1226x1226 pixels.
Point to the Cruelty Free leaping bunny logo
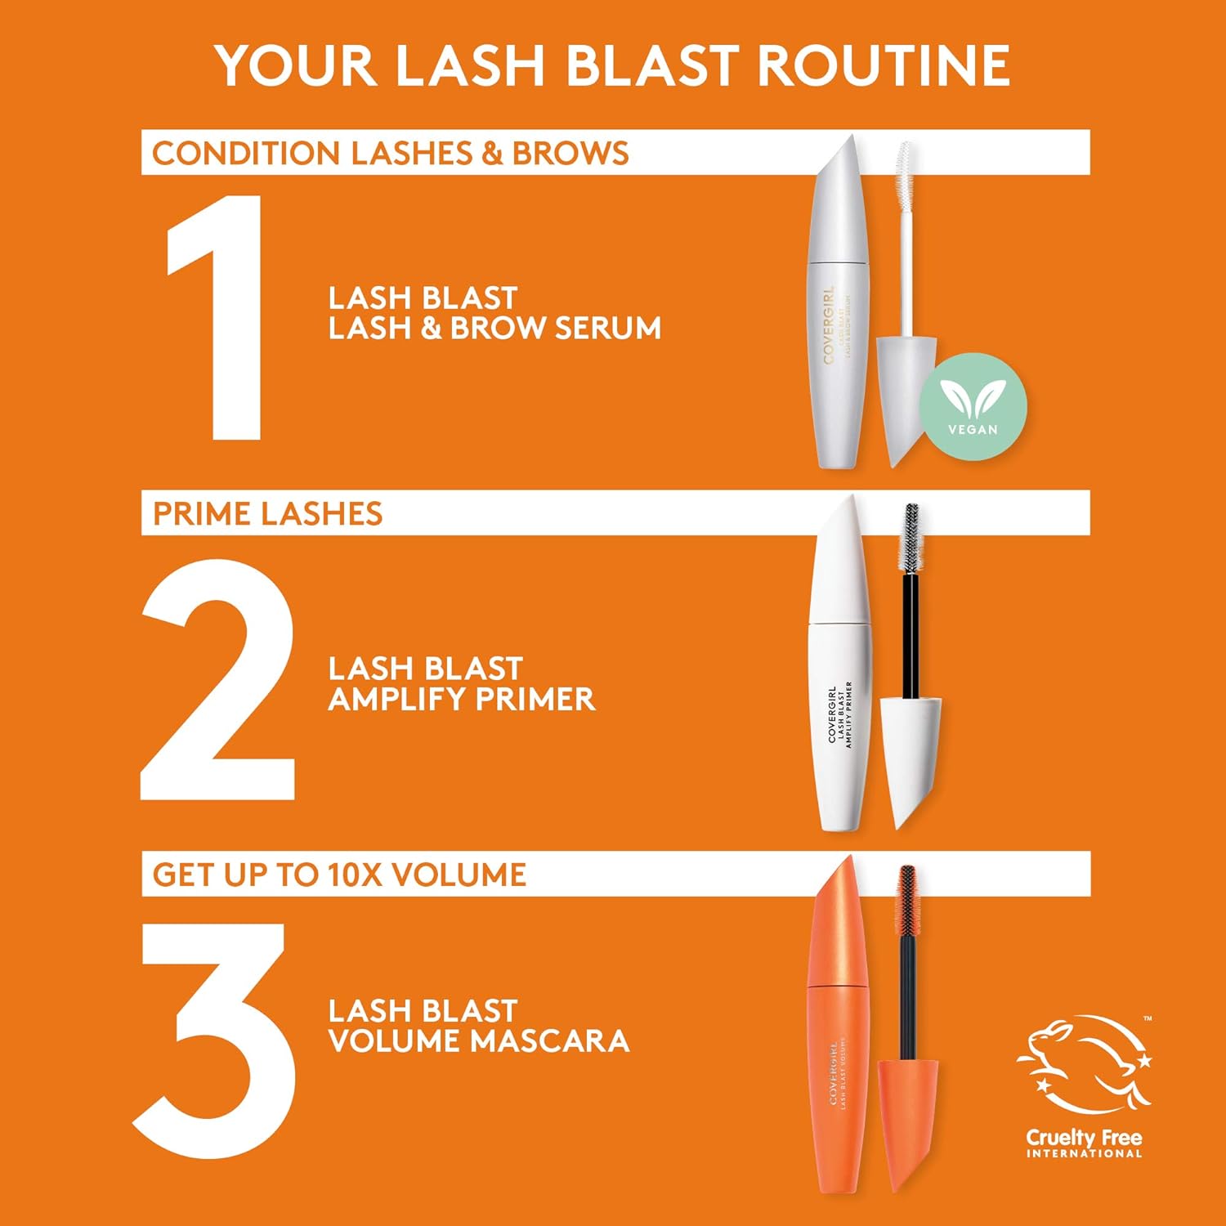[1084, 1063]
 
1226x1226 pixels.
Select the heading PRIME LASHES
[267, 514]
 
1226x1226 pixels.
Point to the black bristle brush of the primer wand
[911, 535]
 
